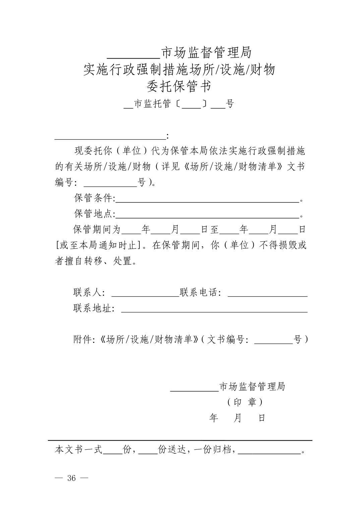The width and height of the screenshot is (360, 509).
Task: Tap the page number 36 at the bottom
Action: [71, 478]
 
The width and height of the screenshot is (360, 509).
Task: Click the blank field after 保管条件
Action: [207, 199]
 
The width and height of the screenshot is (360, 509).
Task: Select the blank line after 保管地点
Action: [207, 214]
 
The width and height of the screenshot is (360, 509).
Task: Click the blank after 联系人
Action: [145, 293]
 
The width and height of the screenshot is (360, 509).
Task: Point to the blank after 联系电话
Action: [267, 293]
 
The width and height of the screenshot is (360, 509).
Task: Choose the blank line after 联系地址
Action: [214, 309]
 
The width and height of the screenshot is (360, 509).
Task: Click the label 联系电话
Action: [200, 292]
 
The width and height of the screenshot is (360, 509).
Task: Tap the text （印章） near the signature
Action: [245, 402]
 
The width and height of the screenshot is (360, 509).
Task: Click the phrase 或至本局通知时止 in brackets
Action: [98, 245]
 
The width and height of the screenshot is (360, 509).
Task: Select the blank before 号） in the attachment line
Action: [274, 341]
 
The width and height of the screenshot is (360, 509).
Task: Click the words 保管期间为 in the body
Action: [97, 229]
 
